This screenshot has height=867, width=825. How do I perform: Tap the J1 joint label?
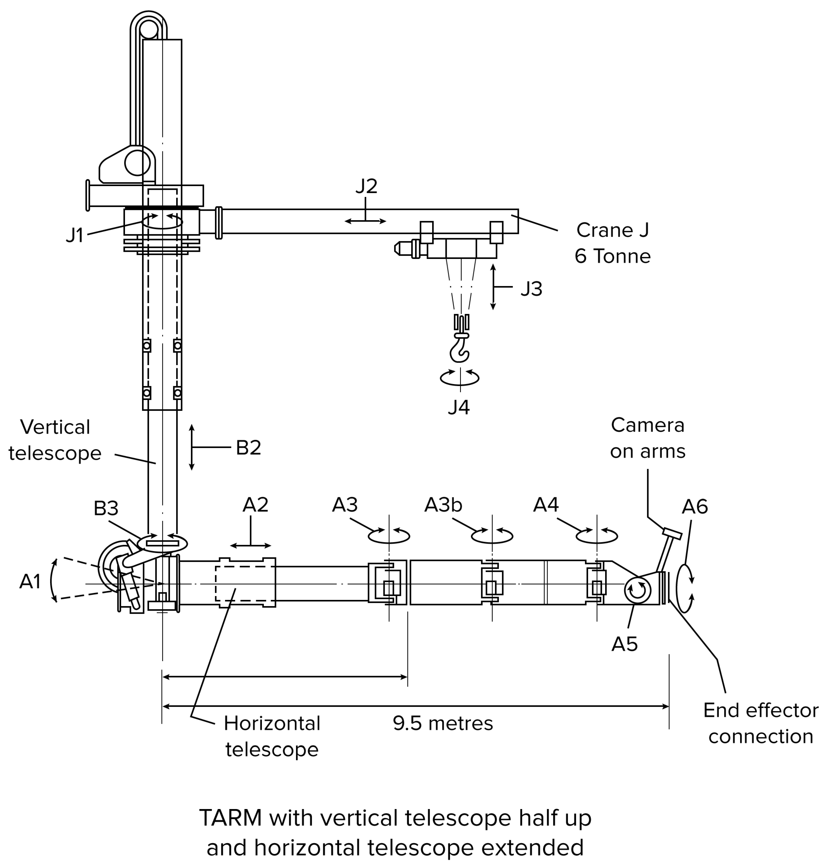75,235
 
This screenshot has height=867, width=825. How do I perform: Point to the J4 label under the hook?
459,407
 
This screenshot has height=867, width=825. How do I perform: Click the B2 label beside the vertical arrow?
248,447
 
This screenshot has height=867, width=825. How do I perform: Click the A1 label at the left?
30,581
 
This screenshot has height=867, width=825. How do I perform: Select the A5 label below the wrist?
624,644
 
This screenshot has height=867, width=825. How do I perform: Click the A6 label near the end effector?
695,507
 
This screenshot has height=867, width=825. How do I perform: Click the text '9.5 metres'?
443,723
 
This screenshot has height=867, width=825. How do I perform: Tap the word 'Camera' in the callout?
647,425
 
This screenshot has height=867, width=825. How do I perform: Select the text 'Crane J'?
612,230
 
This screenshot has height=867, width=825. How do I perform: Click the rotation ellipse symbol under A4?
597,536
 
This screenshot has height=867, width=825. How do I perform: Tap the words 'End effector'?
760,710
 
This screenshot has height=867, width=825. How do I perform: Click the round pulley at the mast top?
149,30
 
